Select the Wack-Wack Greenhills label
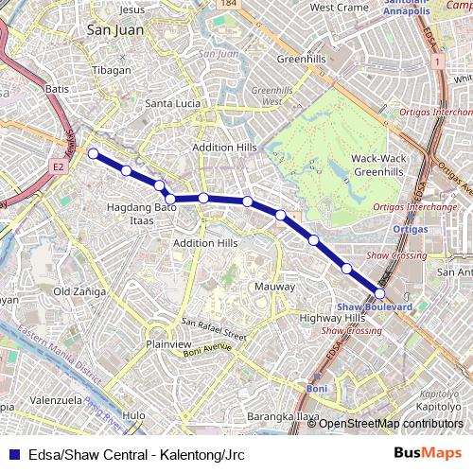pos(378,165)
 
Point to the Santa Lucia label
pos(172,103)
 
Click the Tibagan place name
pos(112,70)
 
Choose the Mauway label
pos(274,286)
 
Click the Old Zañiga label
pos(79,291)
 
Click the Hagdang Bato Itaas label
pos(142,212)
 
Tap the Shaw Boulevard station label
pos(375,307)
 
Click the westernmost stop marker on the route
pos(93,153)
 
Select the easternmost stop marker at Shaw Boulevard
pos(380,294)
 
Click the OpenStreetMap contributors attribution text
pos(390,423)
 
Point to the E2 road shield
pos(58,166)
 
